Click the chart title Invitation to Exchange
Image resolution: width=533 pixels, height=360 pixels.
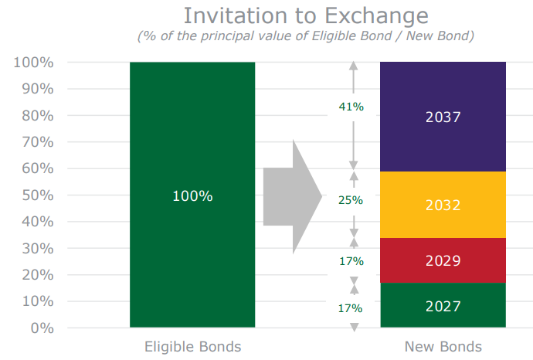[306, 16]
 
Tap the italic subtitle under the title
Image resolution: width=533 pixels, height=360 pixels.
[306, 36]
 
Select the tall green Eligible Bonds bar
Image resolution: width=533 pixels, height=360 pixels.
[192, 195]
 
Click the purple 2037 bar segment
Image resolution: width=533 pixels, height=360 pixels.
[443, 117]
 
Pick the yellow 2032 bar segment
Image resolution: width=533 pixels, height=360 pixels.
[443, 205]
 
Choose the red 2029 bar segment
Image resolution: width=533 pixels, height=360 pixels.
[443, 260]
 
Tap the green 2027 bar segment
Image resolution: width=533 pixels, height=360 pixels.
[443, 305]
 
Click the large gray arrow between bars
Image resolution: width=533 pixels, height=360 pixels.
[293, 196]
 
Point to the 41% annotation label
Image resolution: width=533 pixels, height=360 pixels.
[351, 107]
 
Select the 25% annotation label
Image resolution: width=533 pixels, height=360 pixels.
[351, 200]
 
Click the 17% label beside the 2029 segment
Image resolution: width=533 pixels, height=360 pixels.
[351, 261]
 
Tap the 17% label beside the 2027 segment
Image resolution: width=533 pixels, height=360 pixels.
[350, 308]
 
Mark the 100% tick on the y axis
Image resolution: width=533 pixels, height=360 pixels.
[33, 63]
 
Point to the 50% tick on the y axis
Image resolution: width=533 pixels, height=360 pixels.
[38, 195]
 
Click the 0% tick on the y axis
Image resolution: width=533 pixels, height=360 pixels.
[42, 328]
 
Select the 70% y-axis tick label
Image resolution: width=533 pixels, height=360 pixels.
[38, 142]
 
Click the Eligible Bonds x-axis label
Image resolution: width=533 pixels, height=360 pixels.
[193, 347]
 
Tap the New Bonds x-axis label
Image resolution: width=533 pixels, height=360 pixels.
[443, 347]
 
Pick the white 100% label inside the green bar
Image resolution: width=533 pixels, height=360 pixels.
[193, 196]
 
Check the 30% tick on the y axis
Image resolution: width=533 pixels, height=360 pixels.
[38, 249]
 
